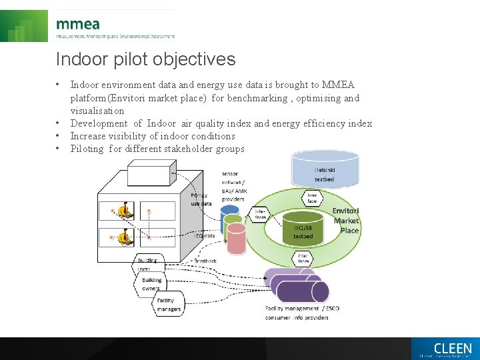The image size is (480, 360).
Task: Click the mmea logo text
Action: (x=78, y=24)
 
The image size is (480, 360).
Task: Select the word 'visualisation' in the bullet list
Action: (x=97, y=111)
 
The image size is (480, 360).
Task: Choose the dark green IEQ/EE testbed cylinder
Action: (x=303, y=228)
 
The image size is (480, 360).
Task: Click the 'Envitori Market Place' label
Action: (x=346, y=221)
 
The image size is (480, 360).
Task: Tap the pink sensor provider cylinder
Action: (x=236, y=239)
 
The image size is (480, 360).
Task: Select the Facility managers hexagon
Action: (x=169, y=305)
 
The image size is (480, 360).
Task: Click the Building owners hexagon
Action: (x=151, y=285)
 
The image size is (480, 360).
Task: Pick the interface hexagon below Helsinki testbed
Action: (x=311, y=198)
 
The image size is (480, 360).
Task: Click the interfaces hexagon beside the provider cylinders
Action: (x=261, y=214)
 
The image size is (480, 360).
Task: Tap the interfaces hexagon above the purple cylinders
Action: (x=303, y=258)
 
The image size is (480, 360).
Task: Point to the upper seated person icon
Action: (x=123, y=211)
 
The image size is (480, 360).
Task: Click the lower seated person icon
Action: (x=123, y=236)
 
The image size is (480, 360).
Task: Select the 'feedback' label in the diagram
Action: (x=206, y=261)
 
